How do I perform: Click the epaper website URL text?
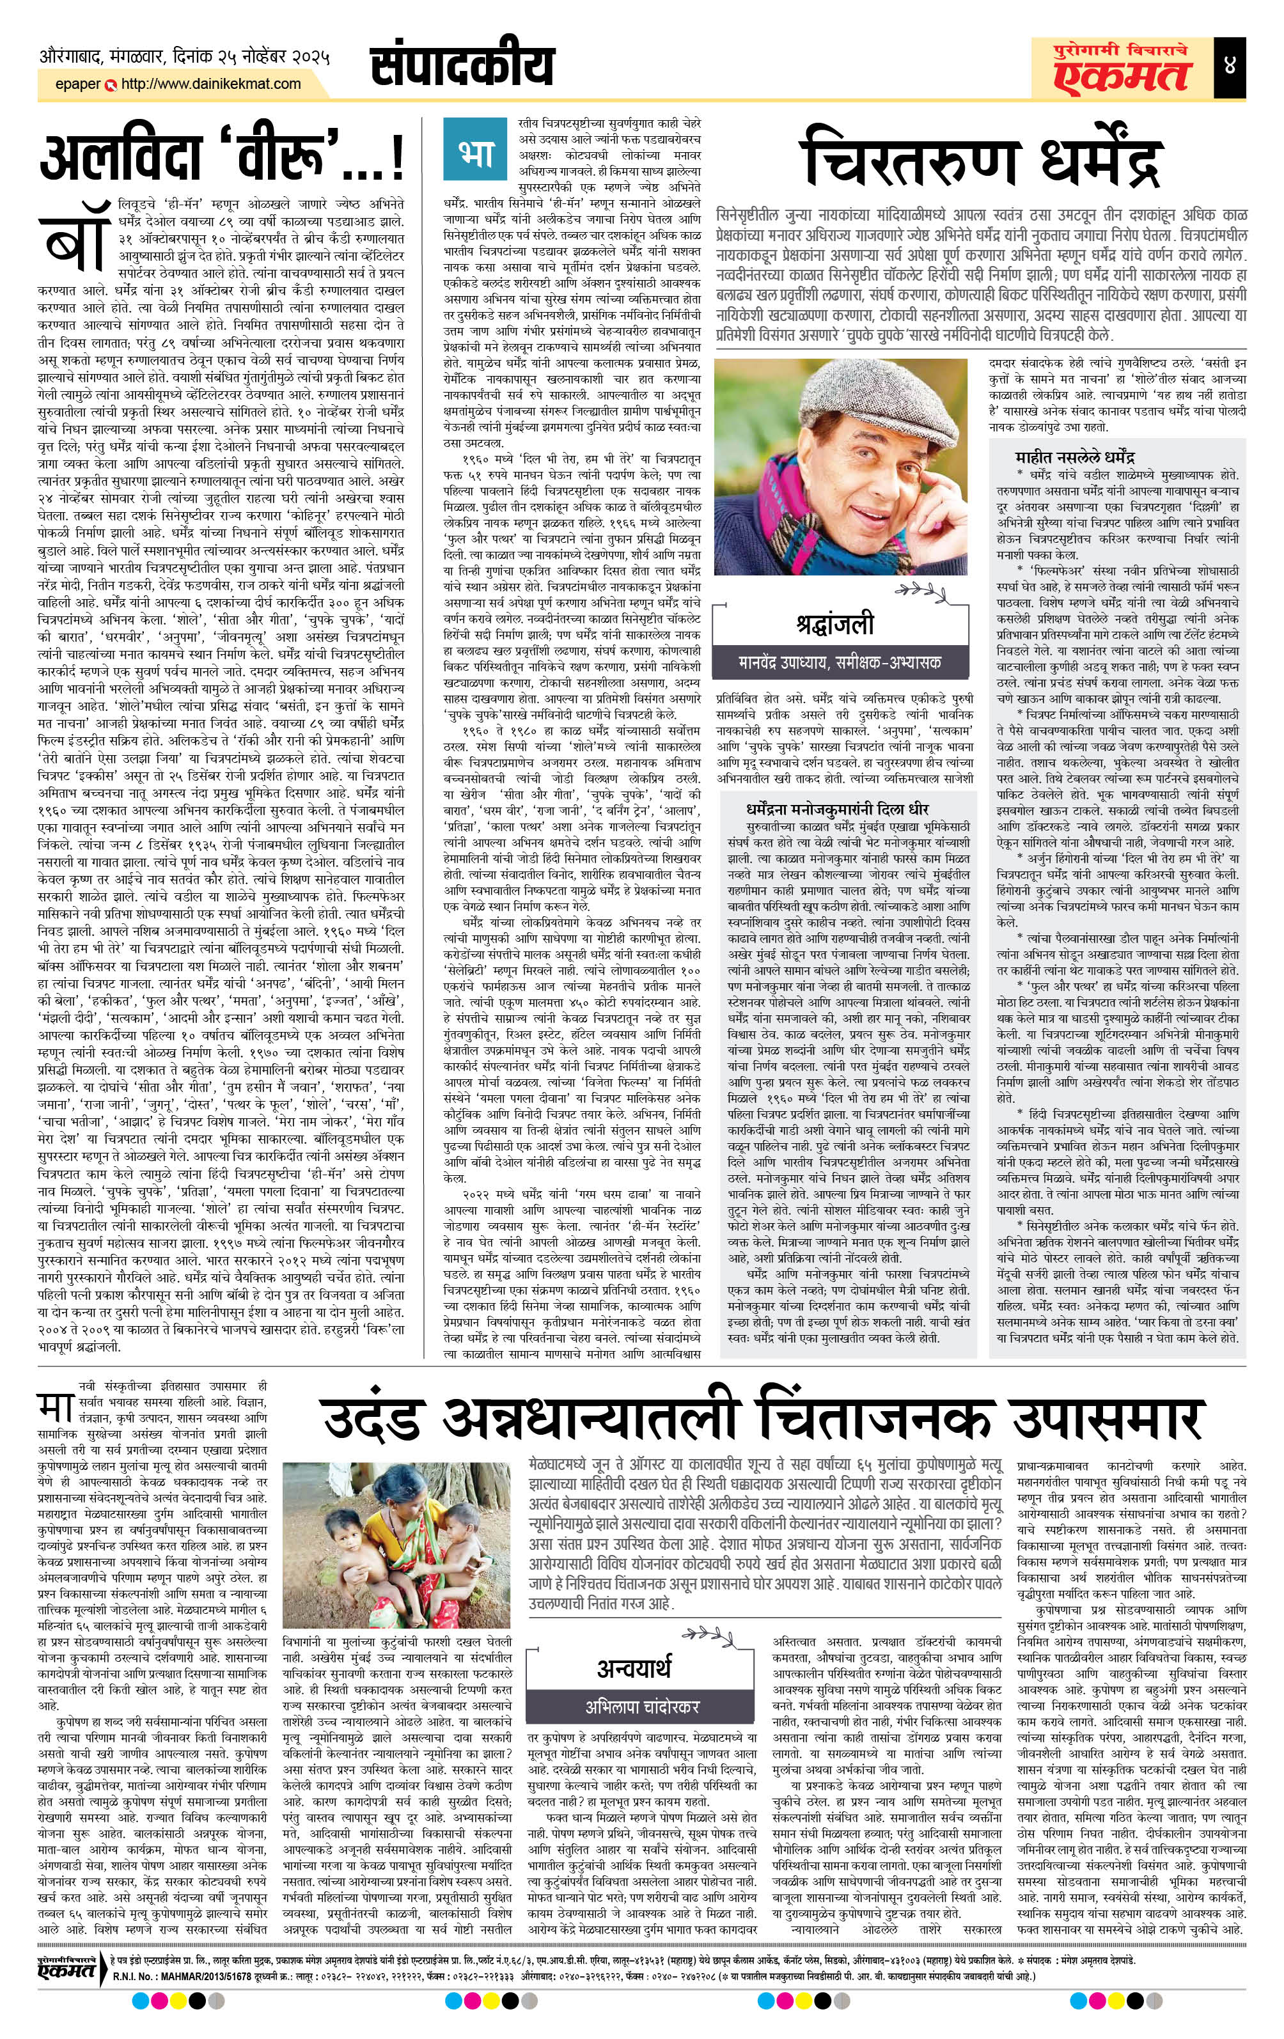(x=212, y=84)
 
